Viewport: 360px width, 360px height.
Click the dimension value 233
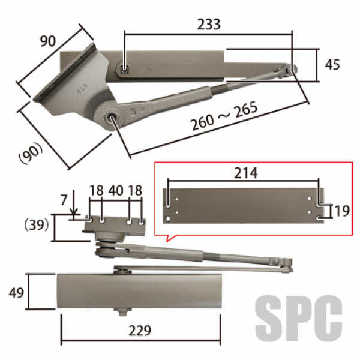tap(208, 24)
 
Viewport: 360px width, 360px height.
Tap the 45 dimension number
tap(332, 65)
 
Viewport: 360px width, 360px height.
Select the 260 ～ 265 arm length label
tap(224, 116)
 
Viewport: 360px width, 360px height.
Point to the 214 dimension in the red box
tap(245, 173)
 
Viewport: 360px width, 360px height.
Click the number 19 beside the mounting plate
tap(342, 211)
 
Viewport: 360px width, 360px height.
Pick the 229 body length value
tap(140, 331)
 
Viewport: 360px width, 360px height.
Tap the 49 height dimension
tap(16, 293)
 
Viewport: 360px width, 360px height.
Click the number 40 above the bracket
tap(116, 191)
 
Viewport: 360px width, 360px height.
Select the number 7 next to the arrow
tap(64, 200)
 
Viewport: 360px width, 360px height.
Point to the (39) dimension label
tap(37, 224)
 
